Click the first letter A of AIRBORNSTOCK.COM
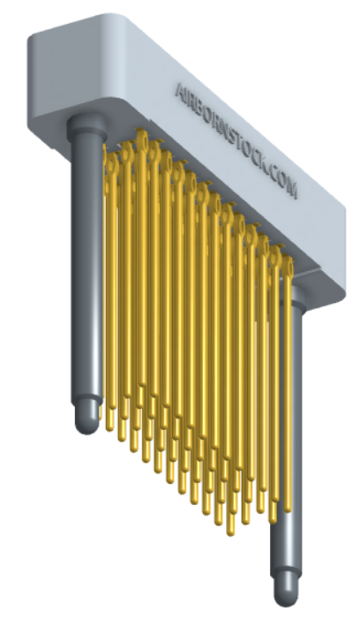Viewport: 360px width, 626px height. pyautogui.click(x=180, y=92)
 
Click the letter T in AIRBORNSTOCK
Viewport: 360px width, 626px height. pyautogui.click(x=237, y=142)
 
